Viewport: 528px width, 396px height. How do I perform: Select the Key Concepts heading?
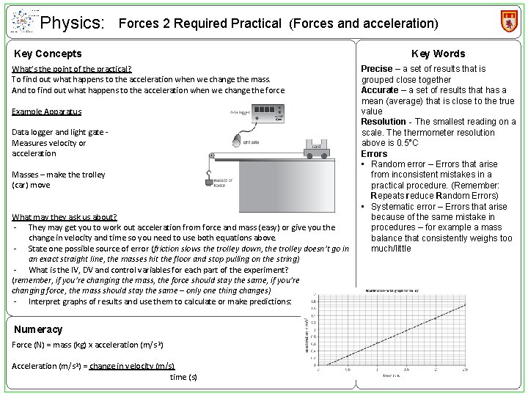48,54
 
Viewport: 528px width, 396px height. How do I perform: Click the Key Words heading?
438,54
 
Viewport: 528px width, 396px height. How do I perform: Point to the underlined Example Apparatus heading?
47,111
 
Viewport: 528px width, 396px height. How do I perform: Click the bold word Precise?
377,69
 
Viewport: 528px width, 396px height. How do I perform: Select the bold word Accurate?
379,90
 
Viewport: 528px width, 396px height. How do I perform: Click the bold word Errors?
374,154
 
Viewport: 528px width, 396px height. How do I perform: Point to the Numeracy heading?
38,330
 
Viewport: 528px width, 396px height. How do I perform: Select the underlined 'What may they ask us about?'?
65,218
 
